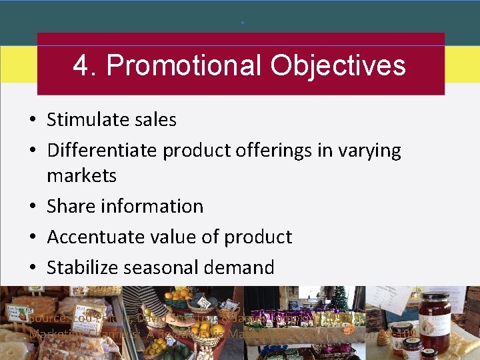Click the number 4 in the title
[x=81, y=66]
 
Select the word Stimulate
[x=83, y=120]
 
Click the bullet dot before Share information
[x=32, y=207]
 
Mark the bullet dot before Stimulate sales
[x=32, y=120]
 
